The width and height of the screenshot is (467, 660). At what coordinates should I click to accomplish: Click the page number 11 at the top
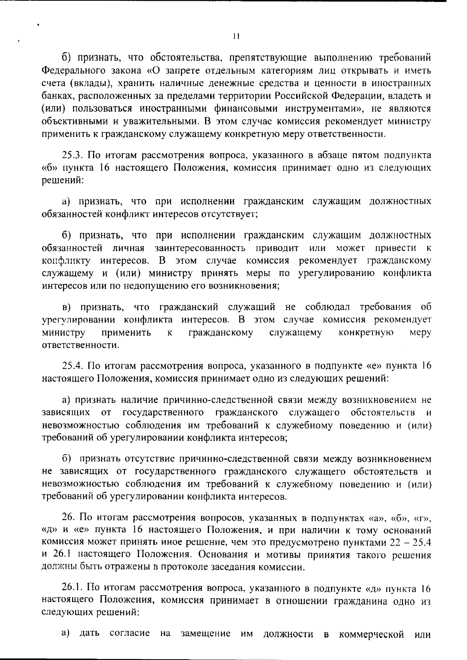(235, 37)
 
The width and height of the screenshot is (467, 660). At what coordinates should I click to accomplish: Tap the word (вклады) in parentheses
(89, 84)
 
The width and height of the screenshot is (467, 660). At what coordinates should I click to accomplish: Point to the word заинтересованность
(200, 248)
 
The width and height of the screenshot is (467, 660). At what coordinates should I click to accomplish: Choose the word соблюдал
(328, 307)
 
